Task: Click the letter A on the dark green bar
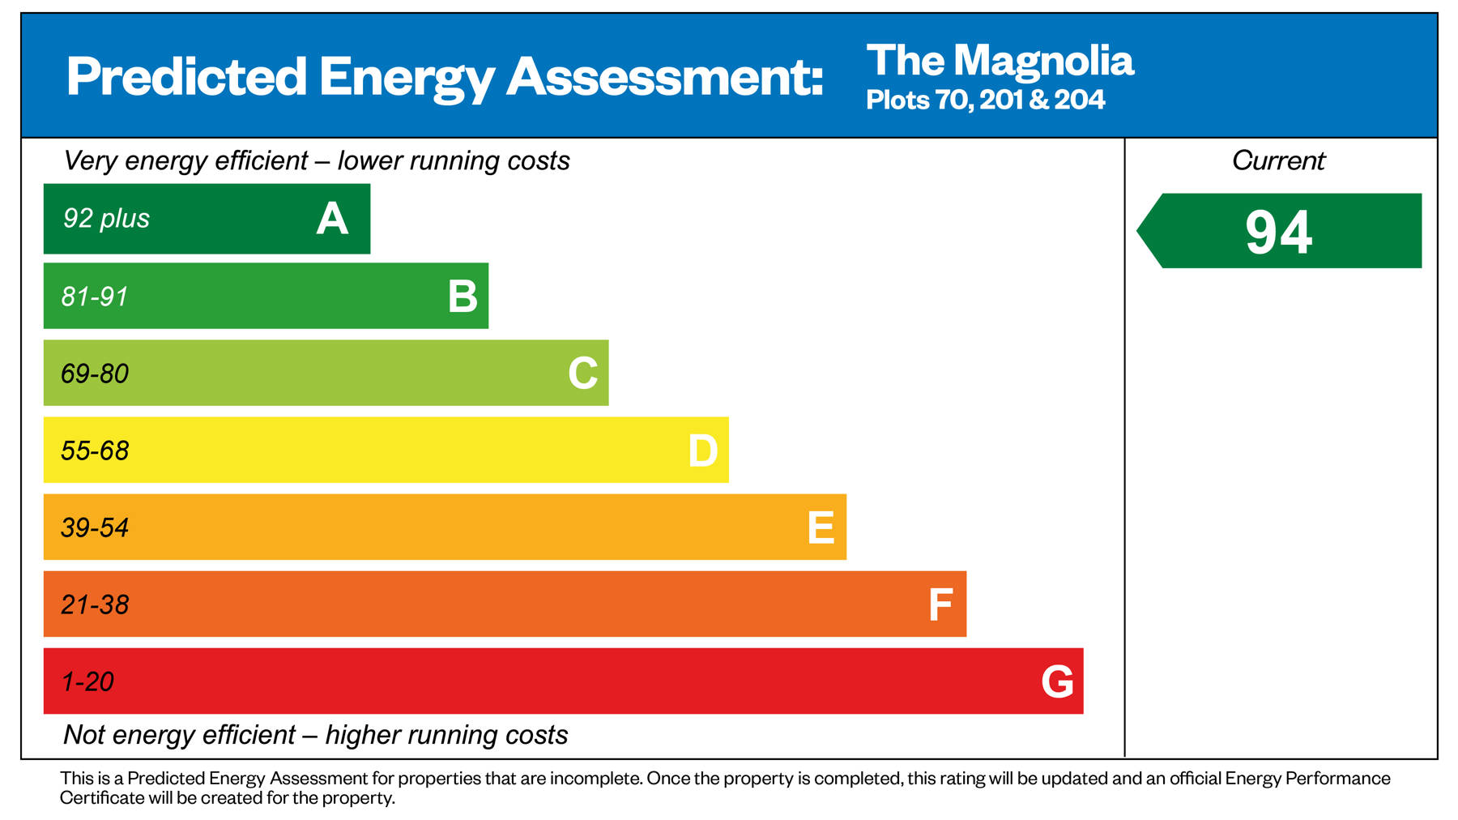(332, 219)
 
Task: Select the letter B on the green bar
(463, 297)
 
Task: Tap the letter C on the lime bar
(582, 374)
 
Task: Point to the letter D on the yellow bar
(702, 451)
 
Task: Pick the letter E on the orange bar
(821, 527)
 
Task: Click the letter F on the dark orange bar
(940, 604)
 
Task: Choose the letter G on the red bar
(1057, 681)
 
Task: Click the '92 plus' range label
(106, 219)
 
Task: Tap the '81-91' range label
(95, 297)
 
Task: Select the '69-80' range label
(95, 374)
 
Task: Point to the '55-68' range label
(95, 451)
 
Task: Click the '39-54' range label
(95, 527)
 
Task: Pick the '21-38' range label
(95, 604)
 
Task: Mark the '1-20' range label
(87, 681)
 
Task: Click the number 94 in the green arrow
(1278, 233)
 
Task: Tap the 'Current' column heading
(1278, 160)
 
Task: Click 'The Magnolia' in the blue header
(1000, 61)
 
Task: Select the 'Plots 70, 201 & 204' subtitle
(985, 100)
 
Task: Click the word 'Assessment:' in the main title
(664, 77)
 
